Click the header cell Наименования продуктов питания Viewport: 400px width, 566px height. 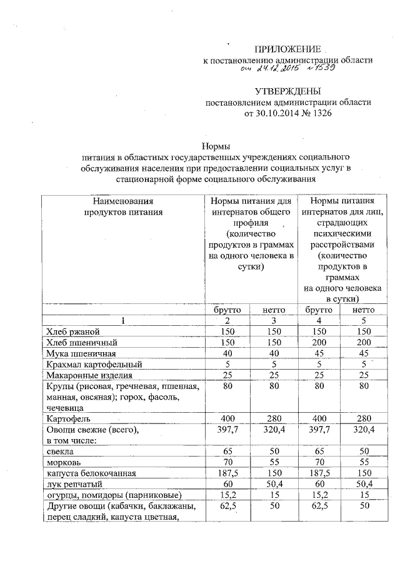tap(122, 206)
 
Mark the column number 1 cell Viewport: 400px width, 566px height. tap(122, 321)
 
